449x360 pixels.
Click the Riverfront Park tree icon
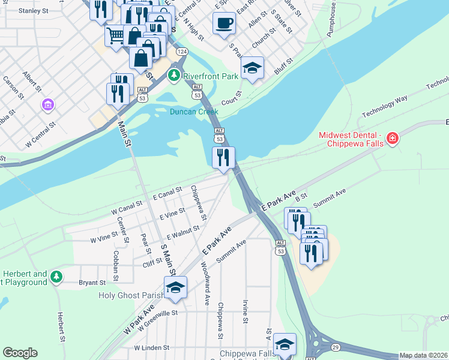[174, 76]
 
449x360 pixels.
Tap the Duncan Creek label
[193, 112]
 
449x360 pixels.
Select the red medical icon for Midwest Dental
[393, 139]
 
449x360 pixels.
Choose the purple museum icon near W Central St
[47, 106]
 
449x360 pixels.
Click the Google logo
[20, 353]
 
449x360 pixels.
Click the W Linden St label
[152, 347]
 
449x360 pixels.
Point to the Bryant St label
[92, 282]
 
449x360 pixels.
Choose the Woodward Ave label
[205, 283]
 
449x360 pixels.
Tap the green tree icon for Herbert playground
[56, 277]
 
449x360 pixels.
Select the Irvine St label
[245, 311]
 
